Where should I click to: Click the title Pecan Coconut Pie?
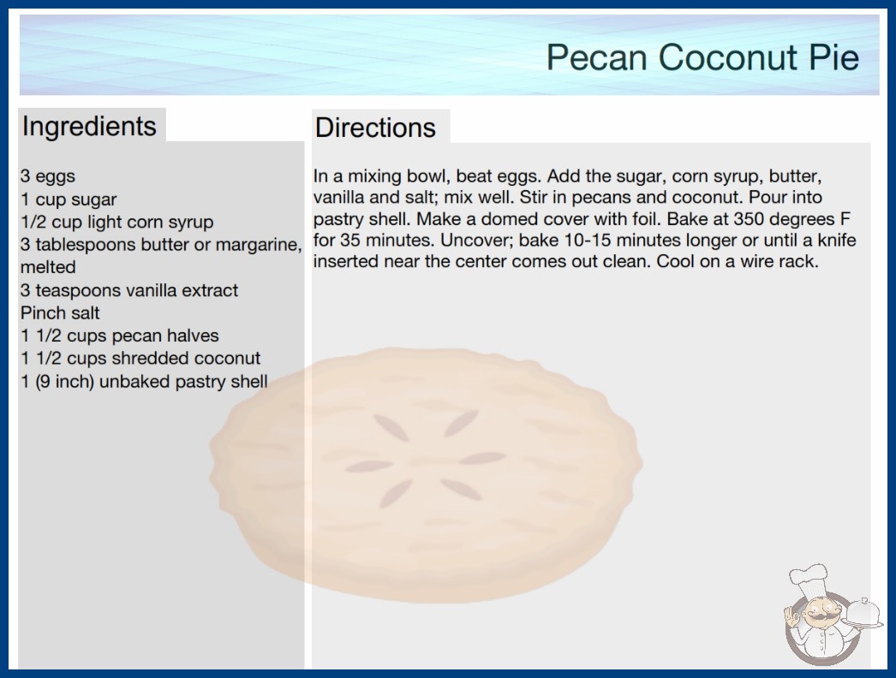coord(702,57)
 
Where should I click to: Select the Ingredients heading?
coord(89,127)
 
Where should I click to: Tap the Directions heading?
coord(375,128)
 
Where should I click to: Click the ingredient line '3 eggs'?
coord(48,176)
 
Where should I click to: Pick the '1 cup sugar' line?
coord(69,199)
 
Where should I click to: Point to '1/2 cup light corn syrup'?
coord(117,223)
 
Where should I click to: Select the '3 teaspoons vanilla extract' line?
coord(129,290)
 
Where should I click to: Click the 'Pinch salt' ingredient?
coord(60,313)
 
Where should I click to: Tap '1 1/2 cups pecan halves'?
coord(120,336)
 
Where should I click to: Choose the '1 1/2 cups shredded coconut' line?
coord(140,358)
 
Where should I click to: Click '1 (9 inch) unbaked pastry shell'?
coord(144,382)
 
